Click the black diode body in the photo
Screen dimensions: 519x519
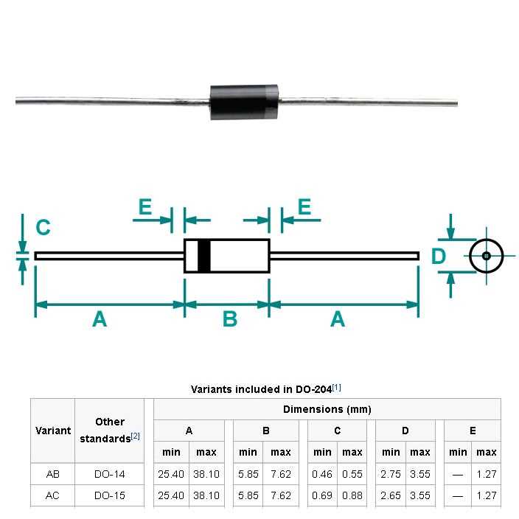(x=245, y=102)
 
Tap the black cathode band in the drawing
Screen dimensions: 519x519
(x=204, y=256)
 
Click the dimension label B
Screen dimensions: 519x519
(x=229, y=319)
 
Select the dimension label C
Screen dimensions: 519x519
(x=43, y=228)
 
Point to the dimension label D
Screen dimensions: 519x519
(x=439, y=257)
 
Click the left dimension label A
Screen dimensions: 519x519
(x=100, y=319)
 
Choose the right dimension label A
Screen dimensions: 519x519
(x=338, y=319)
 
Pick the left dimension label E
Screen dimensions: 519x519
(x=145, y=208)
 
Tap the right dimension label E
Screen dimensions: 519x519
(x=304, y=208)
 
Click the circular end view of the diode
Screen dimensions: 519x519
(x=487, y=256)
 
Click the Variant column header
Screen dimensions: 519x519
(x=53, y=431)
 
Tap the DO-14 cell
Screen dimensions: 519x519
(x=110, y=474)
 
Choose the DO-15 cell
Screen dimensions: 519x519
(x=110, y=495)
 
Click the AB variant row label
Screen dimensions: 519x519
(x=53, y=474)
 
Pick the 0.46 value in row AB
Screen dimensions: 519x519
(x=322, y=474)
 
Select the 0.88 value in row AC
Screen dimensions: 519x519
(x=352, y=495)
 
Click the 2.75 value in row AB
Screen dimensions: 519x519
(x=391, y=474)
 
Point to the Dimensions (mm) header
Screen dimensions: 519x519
(x=327, y=409)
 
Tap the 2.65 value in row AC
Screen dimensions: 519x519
(x=391, y=495)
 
